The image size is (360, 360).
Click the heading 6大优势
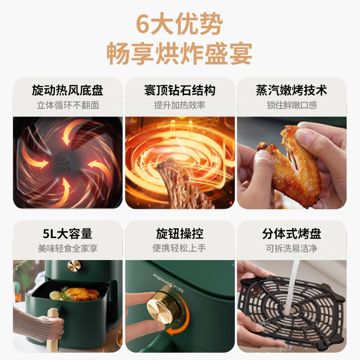click(x=179, y=24)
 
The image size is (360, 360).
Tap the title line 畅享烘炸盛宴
click(x=179, y=54)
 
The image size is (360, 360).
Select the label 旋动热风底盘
click(x=67, y=90)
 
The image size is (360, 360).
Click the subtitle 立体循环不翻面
click(x=68, y=105)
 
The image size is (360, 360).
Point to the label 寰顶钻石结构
click(x=180, y=90)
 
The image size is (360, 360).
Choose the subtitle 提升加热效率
click(x=180, y=105)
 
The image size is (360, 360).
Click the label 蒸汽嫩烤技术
click(x=292, y=90)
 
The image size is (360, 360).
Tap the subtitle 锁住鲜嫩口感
click(x=292, y=105)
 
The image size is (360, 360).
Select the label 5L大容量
click(x=67, y=234)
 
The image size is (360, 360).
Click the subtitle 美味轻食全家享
click(x=68, y=248)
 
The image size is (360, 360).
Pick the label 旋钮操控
click(x=180, y=234)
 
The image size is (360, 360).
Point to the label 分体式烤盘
click(x=292, y=234)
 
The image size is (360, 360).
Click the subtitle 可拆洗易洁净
click(x=292, y=248)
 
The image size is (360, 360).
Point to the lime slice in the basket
click(x=55, y=295)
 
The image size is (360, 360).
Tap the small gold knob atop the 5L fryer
click(x=75, y=266)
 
